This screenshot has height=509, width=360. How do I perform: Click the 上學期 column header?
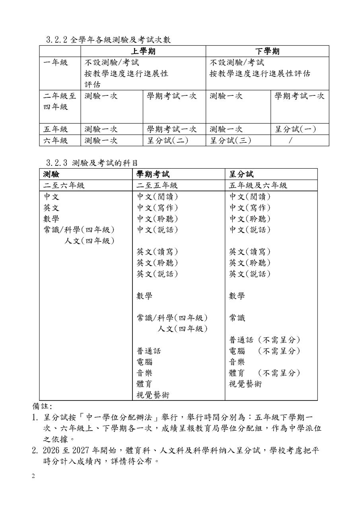pyautogui.click(x=143, y=51)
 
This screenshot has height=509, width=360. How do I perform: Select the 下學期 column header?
pyautogui.click(x=267, y=51)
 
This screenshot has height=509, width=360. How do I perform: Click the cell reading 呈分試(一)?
pyautogui.click(x=296, y=129)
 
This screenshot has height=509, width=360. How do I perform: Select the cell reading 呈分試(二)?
pyautogui.click(x=167, y=140)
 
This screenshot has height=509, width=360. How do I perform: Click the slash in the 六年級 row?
pyautogui.click(x=290, y=140)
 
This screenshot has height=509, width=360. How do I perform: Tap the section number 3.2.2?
pyautogui.click(x=57, y=40)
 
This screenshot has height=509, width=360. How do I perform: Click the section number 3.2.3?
pyautogui.click(x=57, y=163)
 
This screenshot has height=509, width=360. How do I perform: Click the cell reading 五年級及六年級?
pyautogui.click(x=258, y=185)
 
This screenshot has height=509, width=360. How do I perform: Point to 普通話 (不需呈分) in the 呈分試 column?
pyautogui.click(x=265, y=340)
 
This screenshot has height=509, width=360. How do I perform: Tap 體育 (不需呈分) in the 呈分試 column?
pyautogui.click(x=265, y=373)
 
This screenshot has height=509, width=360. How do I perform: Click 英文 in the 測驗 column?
pyautogui.click(x=51, y=208)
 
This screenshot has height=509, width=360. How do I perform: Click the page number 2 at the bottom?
pyautogui.click(x=34, y=476)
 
